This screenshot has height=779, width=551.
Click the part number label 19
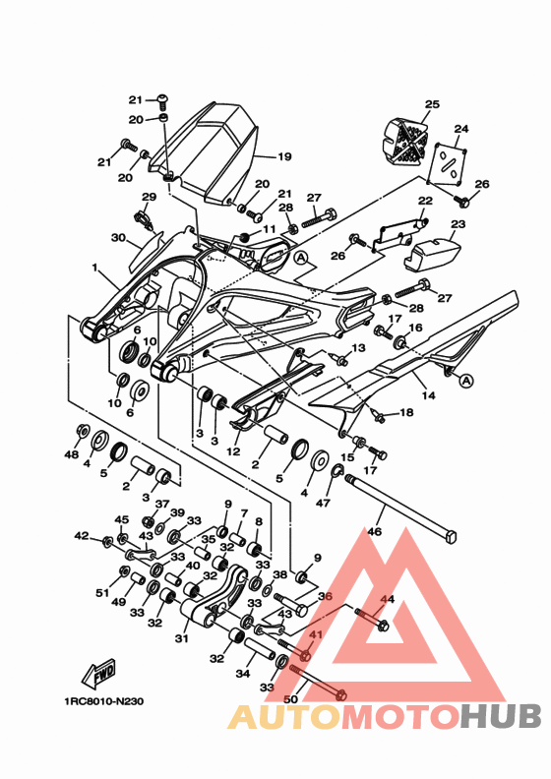284,157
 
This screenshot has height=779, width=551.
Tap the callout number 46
374,531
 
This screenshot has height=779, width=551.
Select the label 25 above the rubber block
432,104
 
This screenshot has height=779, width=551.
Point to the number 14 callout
428,396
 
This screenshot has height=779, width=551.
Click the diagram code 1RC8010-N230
104,701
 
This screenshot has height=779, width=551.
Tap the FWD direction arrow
98,674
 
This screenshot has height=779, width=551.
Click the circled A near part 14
466,381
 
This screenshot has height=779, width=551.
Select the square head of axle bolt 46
450,537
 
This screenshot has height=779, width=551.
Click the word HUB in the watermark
500,716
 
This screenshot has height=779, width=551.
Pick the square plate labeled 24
449,165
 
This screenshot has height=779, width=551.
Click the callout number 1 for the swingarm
94,268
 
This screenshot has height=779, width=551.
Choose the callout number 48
72,454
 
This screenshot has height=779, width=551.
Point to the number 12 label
233,451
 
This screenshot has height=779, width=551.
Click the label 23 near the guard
458,224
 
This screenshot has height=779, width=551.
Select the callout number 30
118,238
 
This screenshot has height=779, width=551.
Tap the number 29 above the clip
149,197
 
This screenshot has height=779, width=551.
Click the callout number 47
323,504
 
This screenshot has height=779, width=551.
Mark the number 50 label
290,699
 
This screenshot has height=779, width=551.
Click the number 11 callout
269,229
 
